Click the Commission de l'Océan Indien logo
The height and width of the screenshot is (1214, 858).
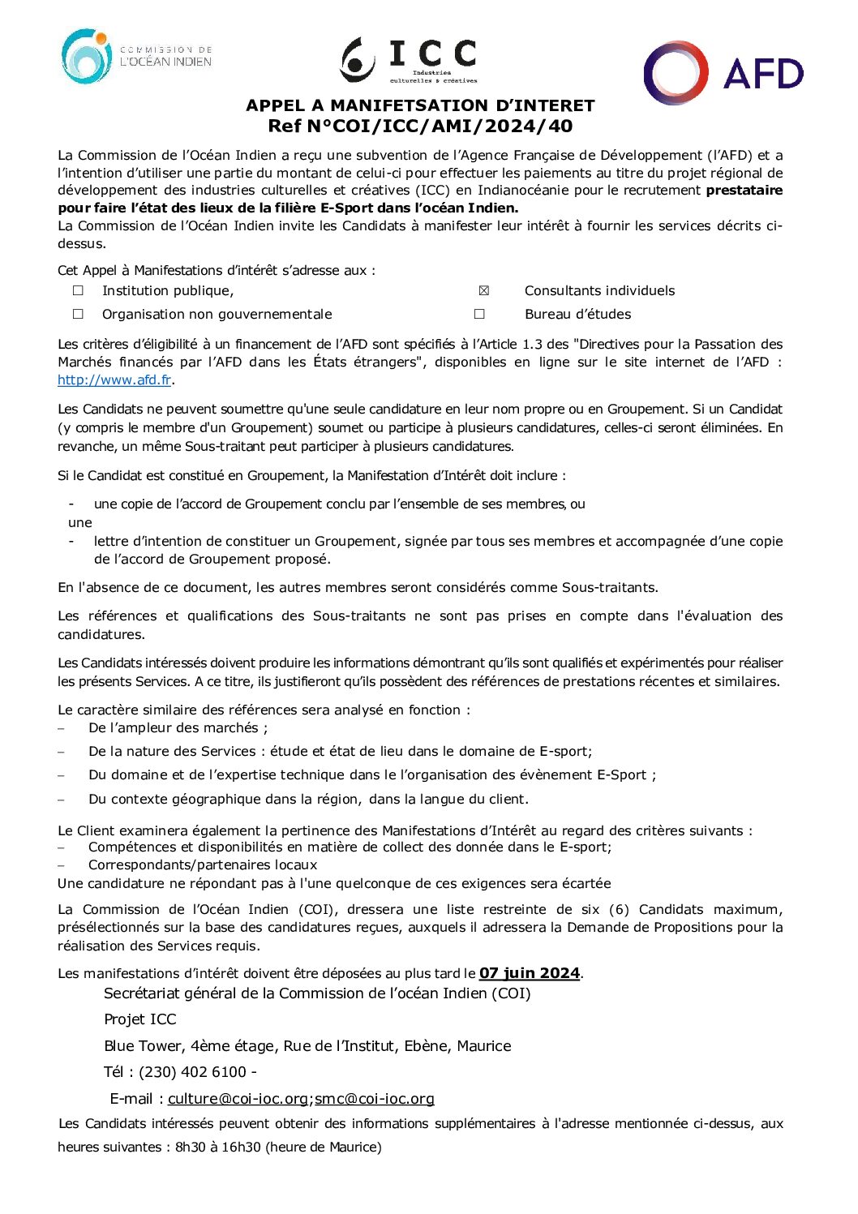(136, 57)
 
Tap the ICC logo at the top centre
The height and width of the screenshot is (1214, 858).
(409, 60)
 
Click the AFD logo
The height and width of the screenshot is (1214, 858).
(723, 73)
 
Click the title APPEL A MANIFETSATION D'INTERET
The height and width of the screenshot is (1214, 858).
(420, 105)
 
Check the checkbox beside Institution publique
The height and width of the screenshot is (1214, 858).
(78, 290)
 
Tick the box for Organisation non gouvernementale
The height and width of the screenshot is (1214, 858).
(78, 314)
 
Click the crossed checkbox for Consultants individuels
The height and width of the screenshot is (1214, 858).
(484, 290)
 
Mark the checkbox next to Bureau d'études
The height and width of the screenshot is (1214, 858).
(479, 314)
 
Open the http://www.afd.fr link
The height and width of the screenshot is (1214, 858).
(114, 380)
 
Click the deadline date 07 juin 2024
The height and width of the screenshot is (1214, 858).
(529, 973)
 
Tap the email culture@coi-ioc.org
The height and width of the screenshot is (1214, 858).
(238, 1099)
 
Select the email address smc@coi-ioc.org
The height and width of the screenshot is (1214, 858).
(375, 1099)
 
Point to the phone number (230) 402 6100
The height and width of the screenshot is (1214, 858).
(192, 1072)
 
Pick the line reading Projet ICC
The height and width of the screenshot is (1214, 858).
(139, 1019)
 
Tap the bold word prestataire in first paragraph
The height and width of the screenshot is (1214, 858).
(744, 191)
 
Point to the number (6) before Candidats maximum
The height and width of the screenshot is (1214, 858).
(619, 909)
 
